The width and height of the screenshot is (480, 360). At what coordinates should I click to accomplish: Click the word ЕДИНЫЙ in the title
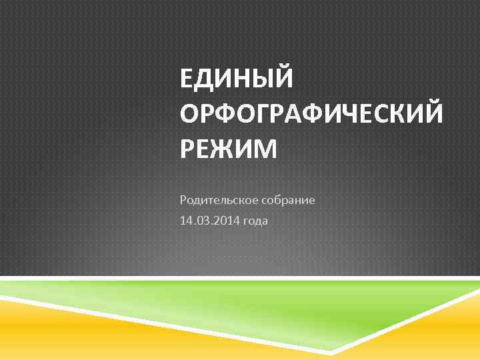(x=236, y=81)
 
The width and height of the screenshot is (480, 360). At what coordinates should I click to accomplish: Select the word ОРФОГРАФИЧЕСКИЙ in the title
(x=311, y=115)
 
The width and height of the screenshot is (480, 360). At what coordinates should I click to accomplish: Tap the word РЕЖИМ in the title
(x=228, y=149)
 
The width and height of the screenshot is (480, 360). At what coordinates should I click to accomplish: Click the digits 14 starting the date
(x=185, y=221)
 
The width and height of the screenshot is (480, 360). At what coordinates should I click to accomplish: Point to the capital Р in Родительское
(x=183, y=199)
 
